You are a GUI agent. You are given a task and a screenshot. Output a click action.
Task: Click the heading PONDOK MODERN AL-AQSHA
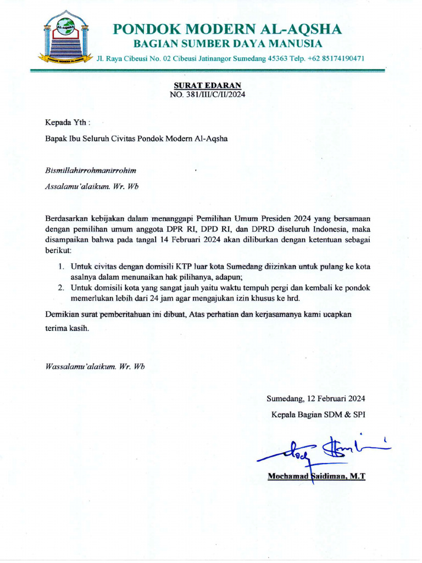pyautogui.click(x=227, y=29)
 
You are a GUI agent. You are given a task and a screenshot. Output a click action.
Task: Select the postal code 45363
pyautogui.click(x=276, y=58)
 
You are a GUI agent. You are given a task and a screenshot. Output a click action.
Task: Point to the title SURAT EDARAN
pyautogui.click(x=208, y=86)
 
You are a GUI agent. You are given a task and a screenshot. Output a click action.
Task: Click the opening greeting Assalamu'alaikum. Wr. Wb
pyautogui.click(x=92, y=186)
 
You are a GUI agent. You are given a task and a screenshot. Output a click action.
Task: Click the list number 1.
pyautogui.click(x=61, y=267)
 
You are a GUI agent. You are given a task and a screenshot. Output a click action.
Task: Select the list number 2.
pyautogui.click(x=61, y=288)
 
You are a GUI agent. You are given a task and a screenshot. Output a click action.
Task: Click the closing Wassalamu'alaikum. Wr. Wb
pyautogui.click(x=95, y=366)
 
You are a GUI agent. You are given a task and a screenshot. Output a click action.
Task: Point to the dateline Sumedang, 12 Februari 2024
pyautogui.click(x=316, y=399)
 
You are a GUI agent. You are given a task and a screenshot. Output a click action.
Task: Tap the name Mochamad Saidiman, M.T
pyautogui.click(x=316, y=476)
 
